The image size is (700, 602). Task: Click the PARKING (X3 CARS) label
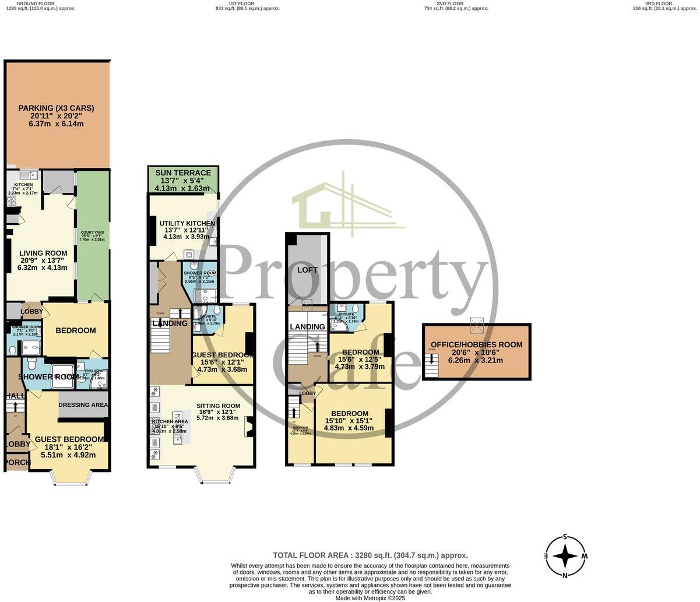(x=56, y=108)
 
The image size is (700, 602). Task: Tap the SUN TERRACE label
(x=183, y=173)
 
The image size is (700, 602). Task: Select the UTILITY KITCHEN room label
(x=182, y=223)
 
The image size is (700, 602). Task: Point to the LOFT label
(x=307, y=270)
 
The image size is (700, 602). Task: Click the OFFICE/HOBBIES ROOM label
(x=477, y=344)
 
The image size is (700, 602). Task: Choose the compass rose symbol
(x=565, y=557)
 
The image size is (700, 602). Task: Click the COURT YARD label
(x=93, y=233)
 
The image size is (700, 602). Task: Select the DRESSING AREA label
(x=83, y=404)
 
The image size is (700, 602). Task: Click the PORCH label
(x=17, y=462)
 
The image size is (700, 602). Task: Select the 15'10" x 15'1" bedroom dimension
(x=348, y=421)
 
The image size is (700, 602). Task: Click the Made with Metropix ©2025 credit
(x=371, y=598)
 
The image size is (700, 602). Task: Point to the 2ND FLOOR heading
(x=456, y=3)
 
